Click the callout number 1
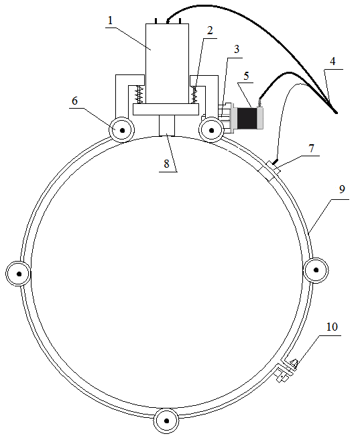tap(111, 20)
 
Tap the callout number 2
tap(210, 30)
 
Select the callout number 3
tap(237, 49)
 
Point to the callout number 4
tap(333, 62)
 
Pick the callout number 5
tap(246, 76)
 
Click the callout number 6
tap(74, 101)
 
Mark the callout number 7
tap(312, 149)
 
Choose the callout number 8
tap(167, 164)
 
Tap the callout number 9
tap(342, 189)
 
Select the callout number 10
tap(332, 327)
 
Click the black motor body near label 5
tap(247, 119)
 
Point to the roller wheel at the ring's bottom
tap(167, 421)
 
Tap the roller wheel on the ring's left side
tap(19, 274)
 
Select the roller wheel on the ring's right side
tap(316, 270)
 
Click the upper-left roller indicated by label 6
tap(122, 130)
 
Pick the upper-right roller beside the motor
tap(211, 130)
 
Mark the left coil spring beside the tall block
tap(139, 95)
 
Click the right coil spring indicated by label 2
tap(194, 95)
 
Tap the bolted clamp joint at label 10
tap(286, 370)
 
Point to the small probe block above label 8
tap(167, 125)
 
